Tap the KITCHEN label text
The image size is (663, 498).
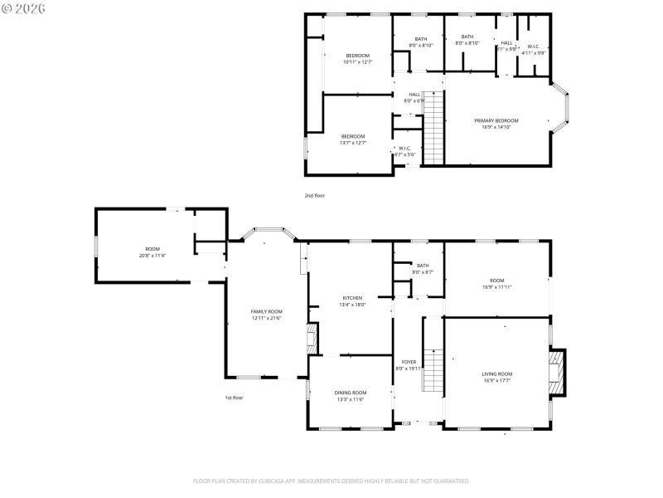coord(352,298)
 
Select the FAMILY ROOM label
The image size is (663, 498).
coord(267,311)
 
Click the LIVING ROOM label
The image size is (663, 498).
coord(497,374)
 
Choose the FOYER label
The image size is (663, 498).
coord(409,362)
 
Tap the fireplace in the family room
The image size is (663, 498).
coord(312,339)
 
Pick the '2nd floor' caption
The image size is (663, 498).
coord(314,195)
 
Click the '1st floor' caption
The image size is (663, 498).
coord(235,398)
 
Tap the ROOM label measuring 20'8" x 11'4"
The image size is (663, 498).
coord(152,249)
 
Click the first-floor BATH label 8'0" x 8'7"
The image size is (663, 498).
coord(423,266)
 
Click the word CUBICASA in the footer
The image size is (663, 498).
coord(298,481)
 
